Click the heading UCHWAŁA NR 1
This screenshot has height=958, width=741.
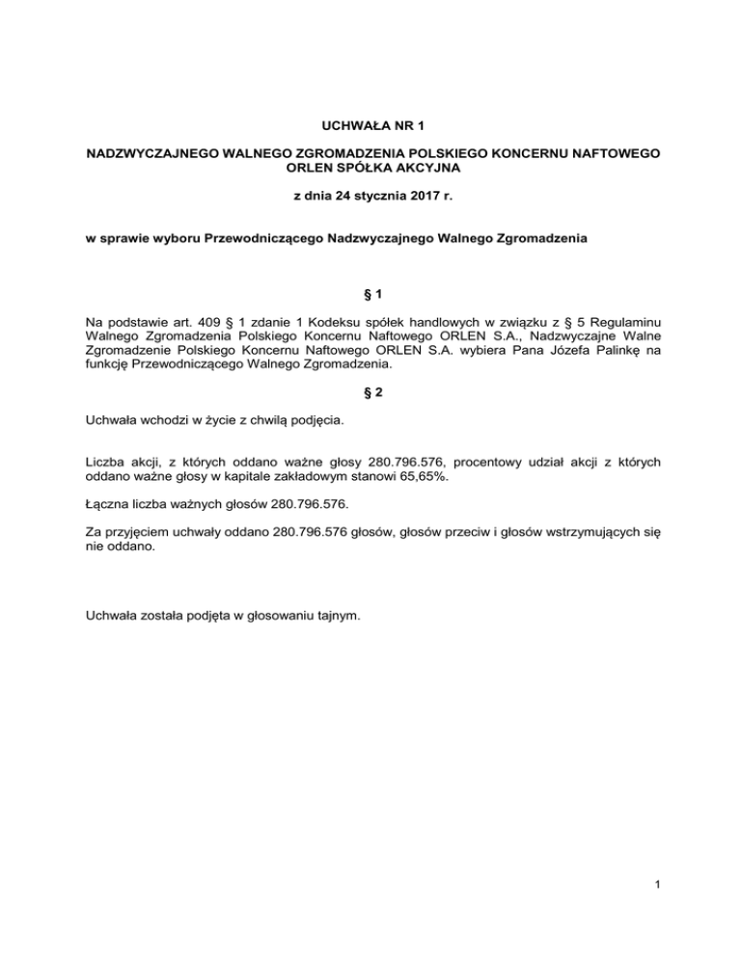tap(370, 125)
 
